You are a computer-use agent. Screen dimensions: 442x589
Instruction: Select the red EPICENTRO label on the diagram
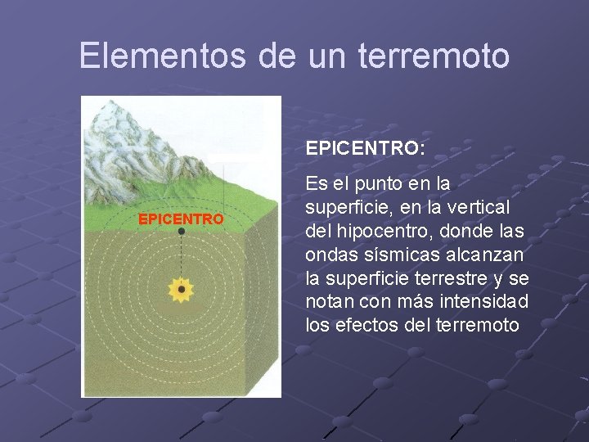[x=180, y=219]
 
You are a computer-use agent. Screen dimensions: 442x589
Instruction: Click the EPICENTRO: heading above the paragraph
[x=365, y=149]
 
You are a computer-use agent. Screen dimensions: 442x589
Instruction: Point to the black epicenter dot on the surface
[x=182, y=232]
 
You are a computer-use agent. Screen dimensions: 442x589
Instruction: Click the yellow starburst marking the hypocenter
[x=181, y=289]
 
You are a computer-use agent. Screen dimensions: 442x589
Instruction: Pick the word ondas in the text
[x=330, y=254]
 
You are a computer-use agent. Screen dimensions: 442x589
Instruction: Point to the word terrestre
[x=452, y=277]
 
